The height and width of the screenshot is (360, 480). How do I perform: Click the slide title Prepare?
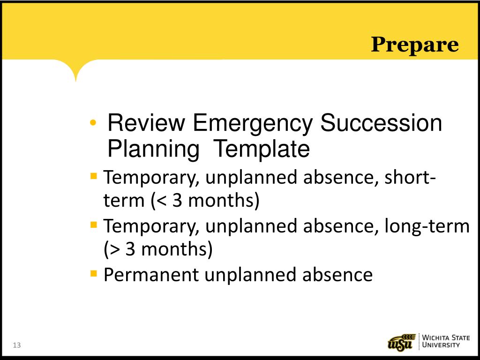coord(415,45)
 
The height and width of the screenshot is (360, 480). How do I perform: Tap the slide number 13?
coord(17,345)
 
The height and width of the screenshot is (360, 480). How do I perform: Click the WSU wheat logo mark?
coord(402,341)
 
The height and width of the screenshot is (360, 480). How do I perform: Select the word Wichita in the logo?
coord(435,337)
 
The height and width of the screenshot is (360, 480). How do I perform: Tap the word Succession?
coord(381,124)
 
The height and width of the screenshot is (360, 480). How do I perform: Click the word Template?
coord(262,150)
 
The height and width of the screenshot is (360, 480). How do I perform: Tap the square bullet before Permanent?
coord(94,272)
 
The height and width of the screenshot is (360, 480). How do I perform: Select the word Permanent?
coord(151,275)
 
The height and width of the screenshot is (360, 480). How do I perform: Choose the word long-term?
coord(427,226)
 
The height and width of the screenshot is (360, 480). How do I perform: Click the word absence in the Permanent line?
coord(337,275)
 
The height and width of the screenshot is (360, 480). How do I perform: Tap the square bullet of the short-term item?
coord(94,176)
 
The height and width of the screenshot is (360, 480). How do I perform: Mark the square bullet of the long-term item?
coord(94,224)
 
